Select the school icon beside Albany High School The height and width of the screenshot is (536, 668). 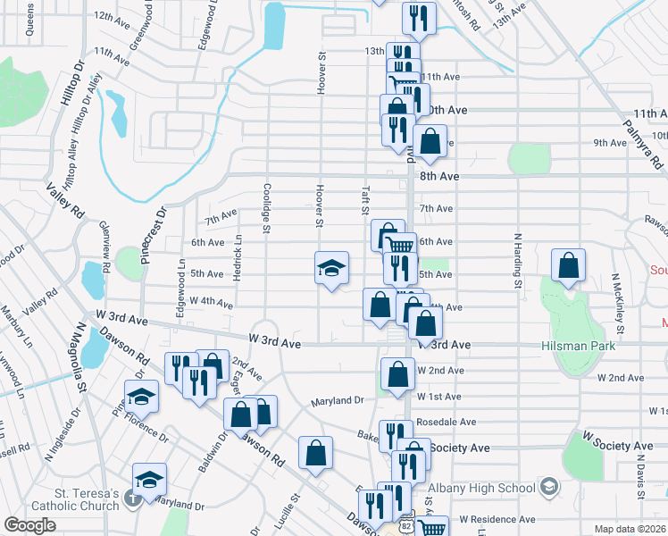point(549,487)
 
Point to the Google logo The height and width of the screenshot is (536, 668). point(29,525)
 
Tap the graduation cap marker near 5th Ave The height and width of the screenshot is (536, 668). point(330,268)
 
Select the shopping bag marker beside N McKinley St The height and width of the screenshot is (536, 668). point(568,265)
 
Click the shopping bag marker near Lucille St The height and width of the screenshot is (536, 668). point(316,453)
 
